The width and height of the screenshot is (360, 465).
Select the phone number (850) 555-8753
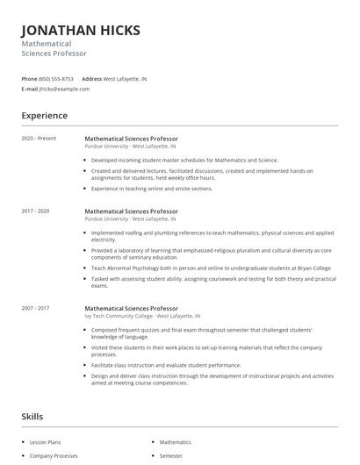(x=56, y=79)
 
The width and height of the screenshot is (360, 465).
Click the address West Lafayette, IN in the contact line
(x=126, y=79)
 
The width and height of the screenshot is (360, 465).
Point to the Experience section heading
(x=44, y=115)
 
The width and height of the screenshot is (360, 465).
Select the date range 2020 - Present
(x=39, y=139)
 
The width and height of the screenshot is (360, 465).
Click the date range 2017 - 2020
(x=36, y=211)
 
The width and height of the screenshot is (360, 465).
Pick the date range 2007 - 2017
(x=36, y=309)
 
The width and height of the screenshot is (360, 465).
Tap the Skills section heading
(x=32, y=417)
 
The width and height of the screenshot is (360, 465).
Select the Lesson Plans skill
(x=46, y=443)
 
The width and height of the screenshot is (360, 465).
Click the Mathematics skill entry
(x=176, y=443)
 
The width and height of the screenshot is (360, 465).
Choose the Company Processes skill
(x=54, y=456)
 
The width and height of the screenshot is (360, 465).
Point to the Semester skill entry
(x=170, y=456)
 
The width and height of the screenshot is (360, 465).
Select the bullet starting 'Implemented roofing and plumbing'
(x=211, y=236)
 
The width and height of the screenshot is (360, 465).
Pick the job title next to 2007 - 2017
(x=131, y=309)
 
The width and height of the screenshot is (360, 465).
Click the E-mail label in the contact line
(x=30, y=89)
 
